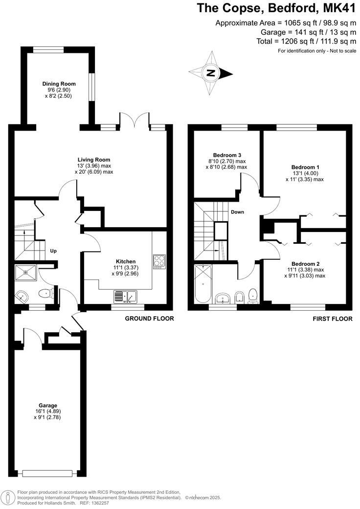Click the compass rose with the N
(x=211, y=73)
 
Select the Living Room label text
(x=94, y=160)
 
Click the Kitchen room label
(x=125, y=261)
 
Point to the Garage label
(x=48, y=405)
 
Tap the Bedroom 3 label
(x=226, y=154)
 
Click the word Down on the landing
(x=237, y=212)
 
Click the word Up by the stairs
(x=53, y=251)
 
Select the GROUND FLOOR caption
(x=149, y=319)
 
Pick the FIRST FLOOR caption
(x=332, y=319)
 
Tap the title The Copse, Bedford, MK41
(x=276, y=8)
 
